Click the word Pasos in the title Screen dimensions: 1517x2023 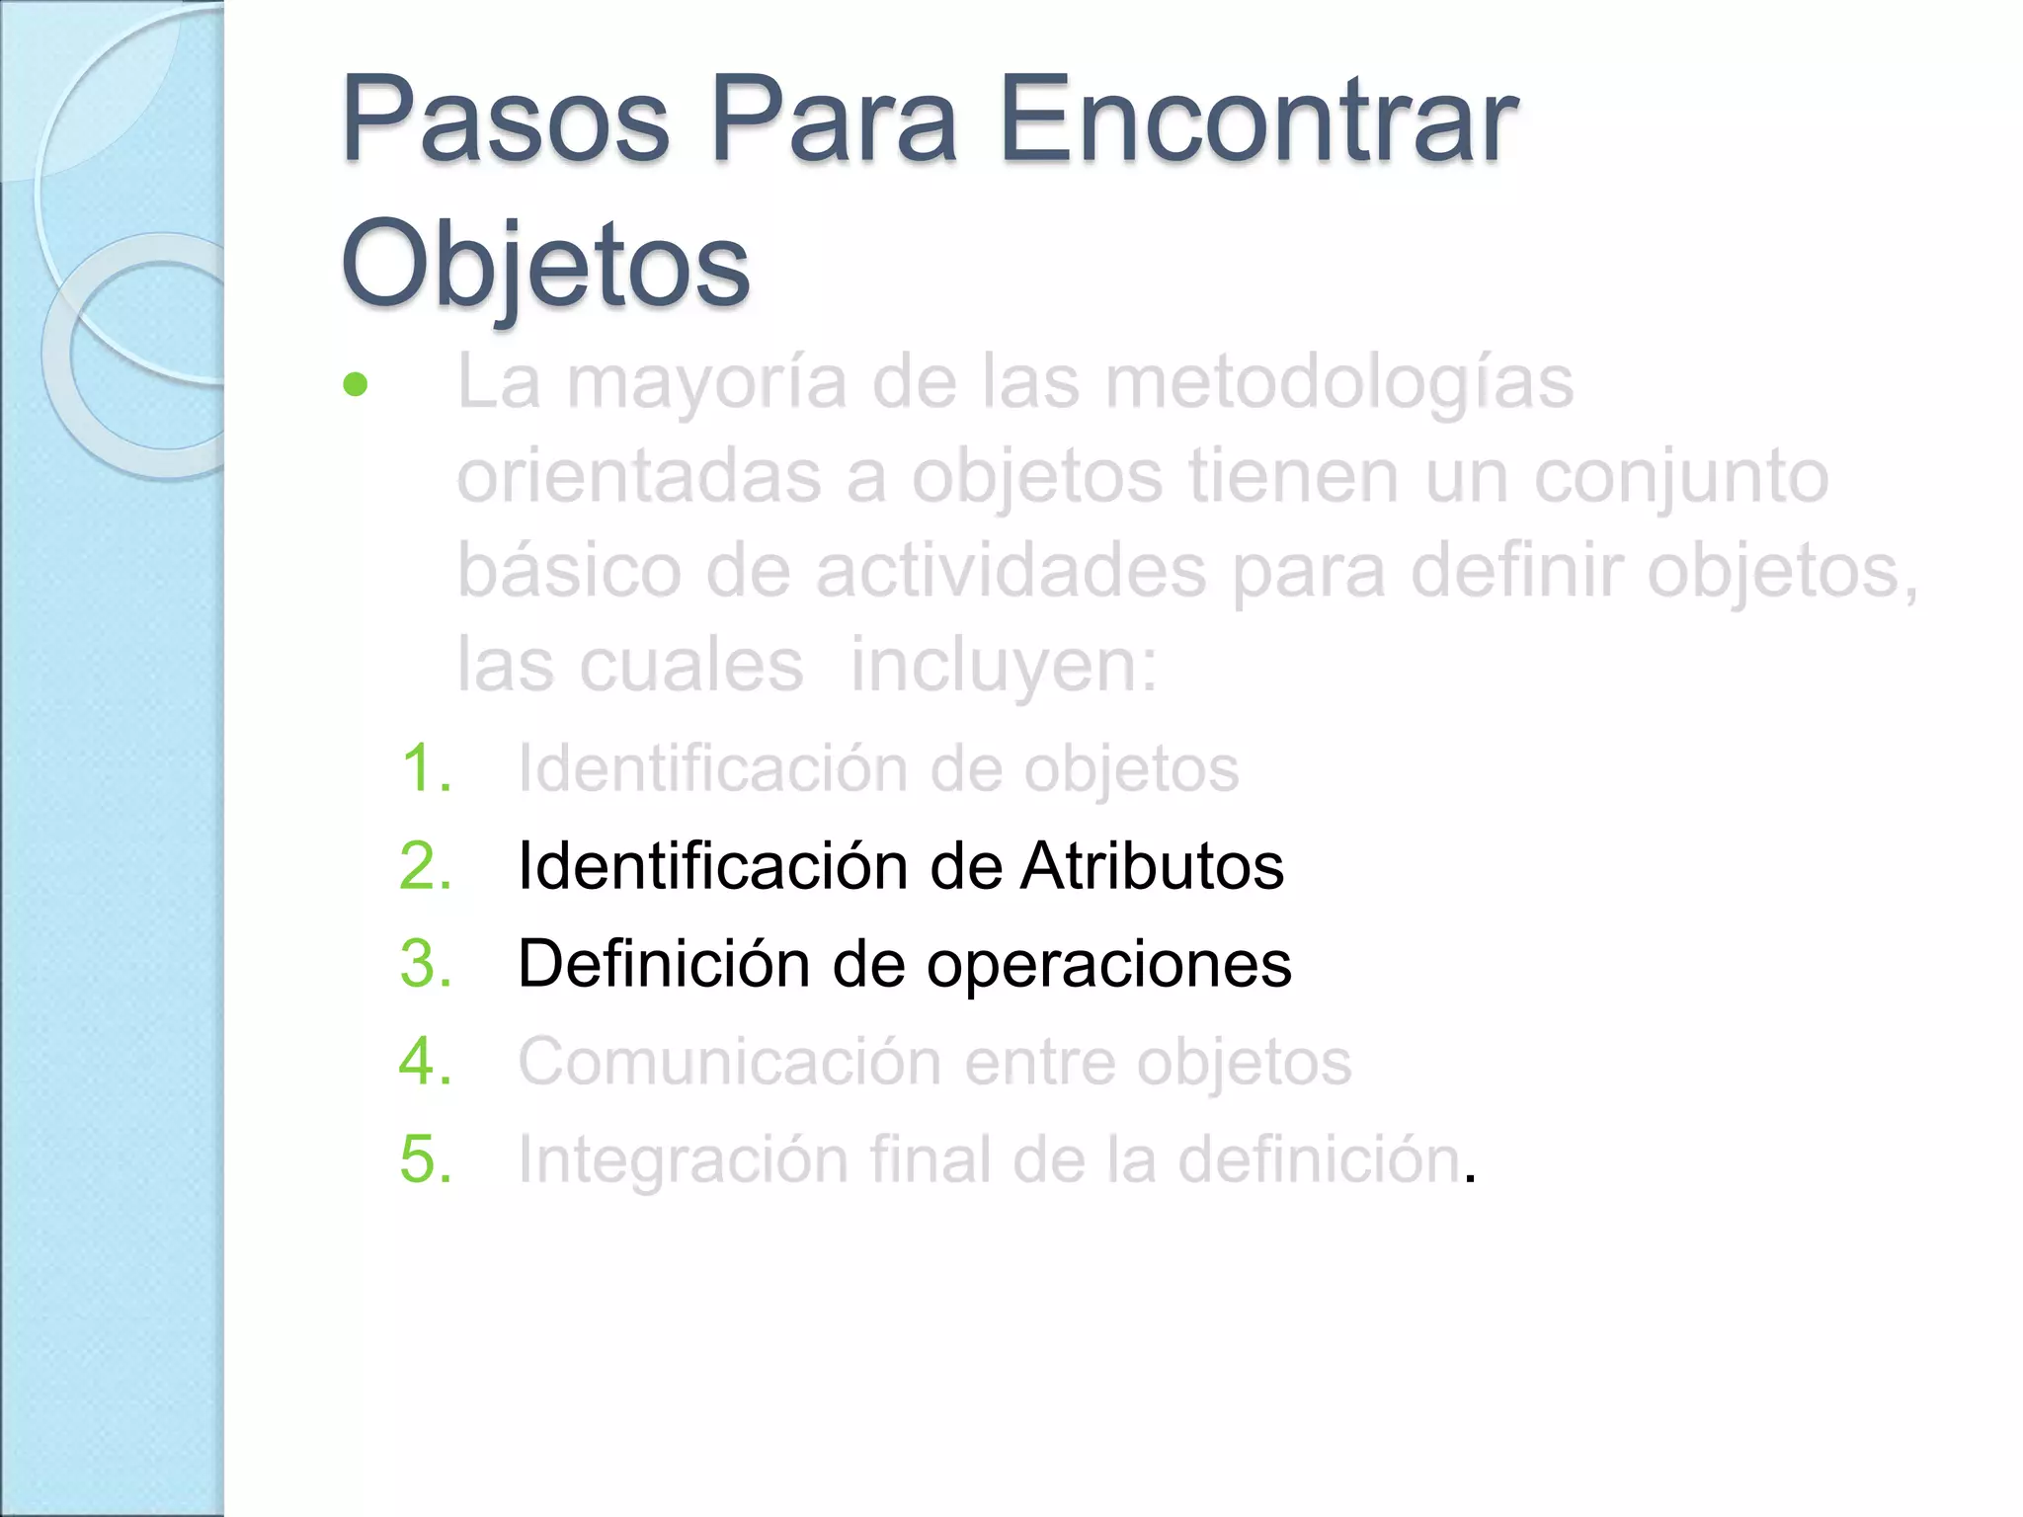click(x=505, y=122)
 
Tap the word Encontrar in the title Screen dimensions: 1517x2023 click(x=1257, y=122)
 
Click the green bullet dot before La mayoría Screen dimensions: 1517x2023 click(x=355, y=384)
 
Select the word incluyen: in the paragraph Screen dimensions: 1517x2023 click(x=1004, y=665)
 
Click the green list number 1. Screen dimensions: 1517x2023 click(x=426, y=768)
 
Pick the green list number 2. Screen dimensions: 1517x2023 click(x=426, y=866)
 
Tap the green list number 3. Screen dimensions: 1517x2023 click(x=426, y=964)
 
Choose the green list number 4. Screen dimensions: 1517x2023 click(x=426, y=1062)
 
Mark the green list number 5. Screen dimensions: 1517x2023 click(x=426, y=1158)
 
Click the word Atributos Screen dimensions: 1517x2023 click(x=1152, y=866)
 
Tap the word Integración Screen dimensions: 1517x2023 click(x=683, y=1159)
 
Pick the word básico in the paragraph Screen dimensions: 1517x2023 click(x=569, y=571)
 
